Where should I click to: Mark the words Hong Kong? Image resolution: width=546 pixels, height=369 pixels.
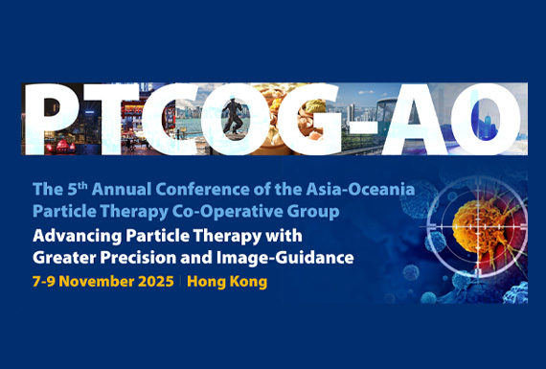pyautogui.click(x=227, y=283)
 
